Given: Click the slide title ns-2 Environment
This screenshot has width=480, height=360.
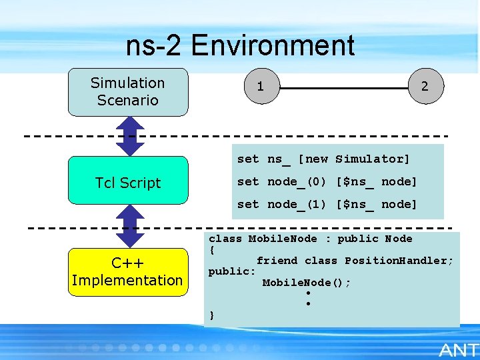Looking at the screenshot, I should tap(240, 46).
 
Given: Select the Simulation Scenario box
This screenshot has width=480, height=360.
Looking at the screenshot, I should tap(127, 92).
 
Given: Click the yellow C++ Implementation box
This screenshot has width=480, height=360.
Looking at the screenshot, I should tap(127, 271).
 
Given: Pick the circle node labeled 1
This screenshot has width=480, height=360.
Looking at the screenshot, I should tap(261, 87).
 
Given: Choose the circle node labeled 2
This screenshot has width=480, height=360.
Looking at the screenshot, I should tap(425, 87).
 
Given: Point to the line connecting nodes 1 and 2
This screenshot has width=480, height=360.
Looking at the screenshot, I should tap(343, 87).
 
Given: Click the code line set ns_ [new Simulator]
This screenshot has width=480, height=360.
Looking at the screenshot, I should tap(323, 159).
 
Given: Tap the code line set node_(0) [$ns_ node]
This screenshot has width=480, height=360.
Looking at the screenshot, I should tap(327, 182).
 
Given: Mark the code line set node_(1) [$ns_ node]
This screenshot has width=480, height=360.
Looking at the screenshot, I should tap(327, 205).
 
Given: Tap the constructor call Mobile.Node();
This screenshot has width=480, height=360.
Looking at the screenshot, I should tap(306, 283).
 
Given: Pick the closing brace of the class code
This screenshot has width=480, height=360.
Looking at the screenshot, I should tap(212, 315).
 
